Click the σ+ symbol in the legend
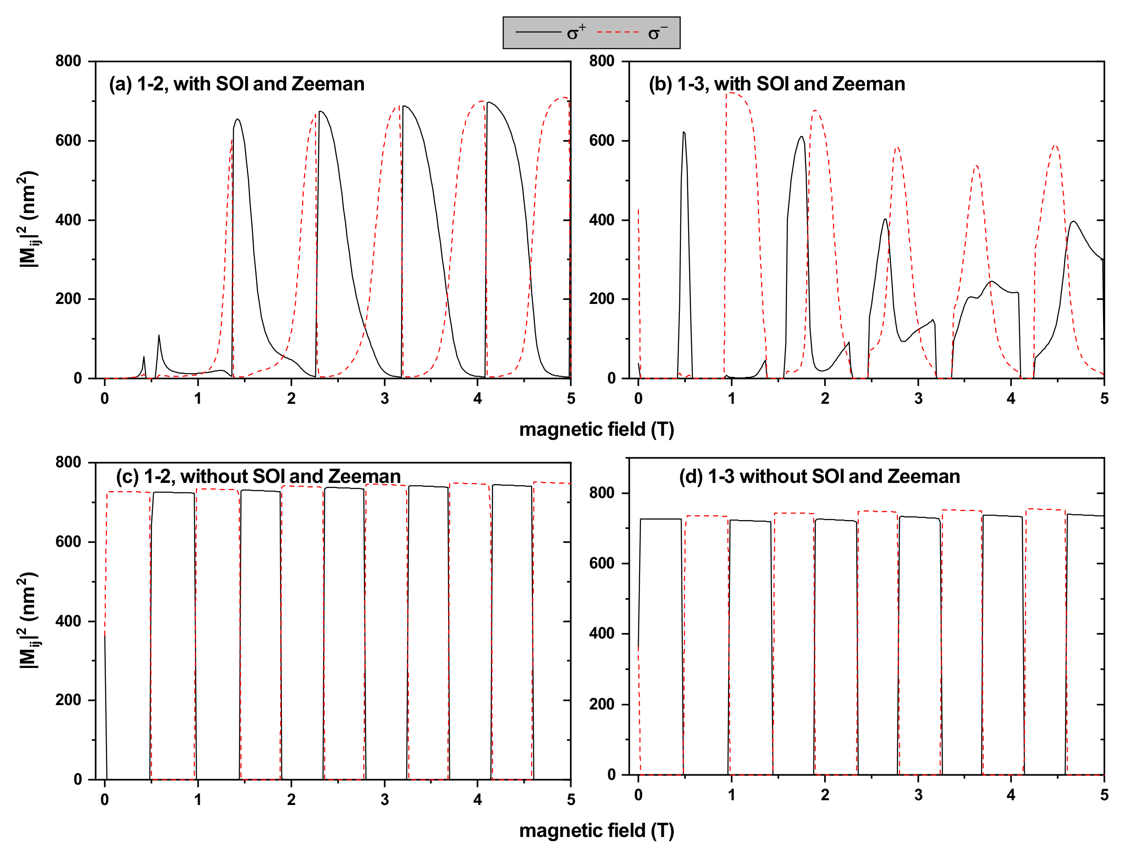[576, 33]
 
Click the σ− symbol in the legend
[656, 33]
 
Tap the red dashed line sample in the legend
[618, 32]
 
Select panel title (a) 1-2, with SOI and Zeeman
[236, 83]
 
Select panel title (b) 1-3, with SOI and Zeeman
[777, 83]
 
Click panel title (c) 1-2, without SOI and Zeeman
[258, 476]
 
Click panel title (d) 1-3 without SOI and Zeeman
[819, 476]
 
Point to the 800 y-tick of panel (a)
[69, 61]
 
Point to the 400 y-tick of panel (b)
[603, 220]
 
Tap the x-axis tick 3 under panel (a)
[384, 399]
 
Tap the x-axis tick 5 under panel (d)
[1104, 795]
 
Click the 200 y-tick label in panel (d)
[603, 704]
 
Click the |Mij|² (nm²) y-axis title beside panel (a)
[28, 220]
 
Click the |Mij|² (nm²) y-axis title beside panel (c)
[28, 620]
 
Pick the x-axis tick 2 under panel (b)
[825, 399]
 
